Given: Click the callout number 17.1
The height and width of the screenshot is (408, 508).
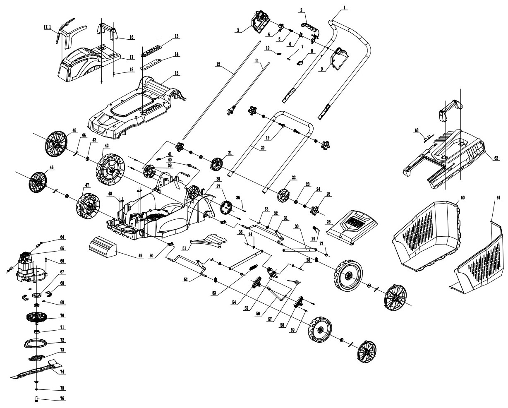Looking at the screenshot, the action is [x=47, y=27].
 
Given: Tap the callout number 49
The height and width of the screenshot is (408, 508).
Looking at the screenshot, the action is [x=141, y=255].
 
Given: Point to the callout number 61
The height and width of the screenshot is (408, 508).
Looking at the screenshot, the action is [x=498, y=198].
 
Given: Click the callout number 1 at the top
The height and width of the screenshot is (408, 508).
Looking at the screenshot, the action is [x=345, y=7].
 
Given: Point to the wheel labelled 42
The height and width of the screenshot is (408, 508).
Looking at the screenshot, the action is [x=110, y=169].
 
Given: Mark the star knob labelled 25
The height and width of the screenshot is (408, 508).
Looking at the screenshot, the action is [x=315, y=209].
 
